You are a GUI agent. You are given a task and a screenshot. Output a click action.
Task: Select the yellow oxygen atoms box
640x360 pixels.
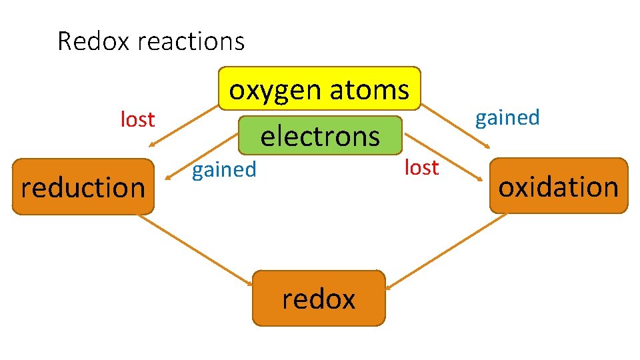[320, 87]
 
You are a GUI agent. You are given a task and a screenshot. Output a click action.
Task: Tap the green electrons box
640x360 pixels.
[321, 137]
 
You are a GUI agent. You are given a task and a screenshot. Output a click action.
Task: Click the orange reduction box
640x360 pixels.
[83, 187]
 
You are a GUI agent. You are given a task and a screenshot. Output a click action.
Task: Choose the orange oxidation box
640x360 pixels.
[559, 186]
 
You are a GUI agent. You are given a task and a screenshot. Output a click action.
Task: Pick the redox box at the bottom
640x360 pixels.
[319, 298]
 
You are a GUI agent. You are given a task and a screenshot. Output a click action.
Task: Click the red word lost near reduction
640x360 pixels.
[137, 119]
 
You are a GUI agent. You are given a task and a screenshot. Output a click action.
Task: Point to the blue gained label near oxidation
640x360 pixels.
[507, 117]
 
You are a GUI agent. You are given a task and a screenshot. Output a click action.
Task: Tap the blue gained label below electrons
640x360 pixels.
[224, 169]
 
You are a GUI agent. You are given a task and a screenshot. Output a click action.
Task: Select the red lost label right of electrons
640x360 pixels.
[421, 167]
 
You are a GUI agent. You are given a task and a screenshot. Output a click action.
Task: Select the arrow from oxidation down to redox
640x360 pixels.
[447, 249]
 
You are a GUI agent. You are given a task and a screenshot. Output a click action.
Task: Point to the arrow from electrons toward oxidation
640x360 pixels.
[443, 156]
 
